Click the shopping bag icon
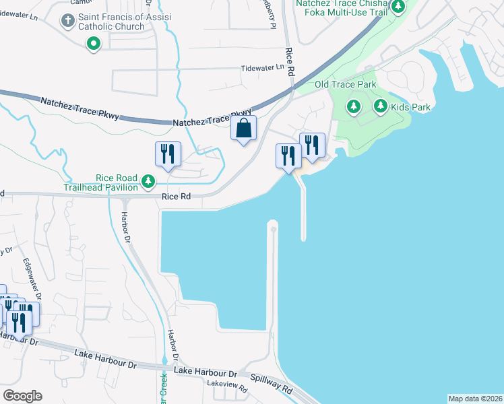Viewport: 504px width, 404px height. [x=243, y=128]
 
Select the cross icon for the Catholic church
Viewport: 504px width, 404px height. [x=67, y=21]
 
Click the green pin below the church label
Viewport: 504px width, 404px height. [x=94, y=44]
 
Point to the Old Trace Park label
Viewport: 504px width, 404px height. [x=345, y=85]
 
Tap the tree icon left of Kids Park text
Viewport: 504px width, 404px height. [x=380, y=106]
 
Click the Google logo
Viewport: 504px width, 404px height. [x=22, y=395]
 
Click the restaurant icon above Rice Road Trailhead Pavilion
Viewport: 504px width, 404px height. [x=166, y=154]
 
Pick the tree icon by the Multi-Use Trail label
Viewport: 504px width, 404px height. [x=398, y=7]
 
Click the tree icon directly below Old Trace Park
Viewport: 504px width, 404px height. [x=353, y=106]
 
